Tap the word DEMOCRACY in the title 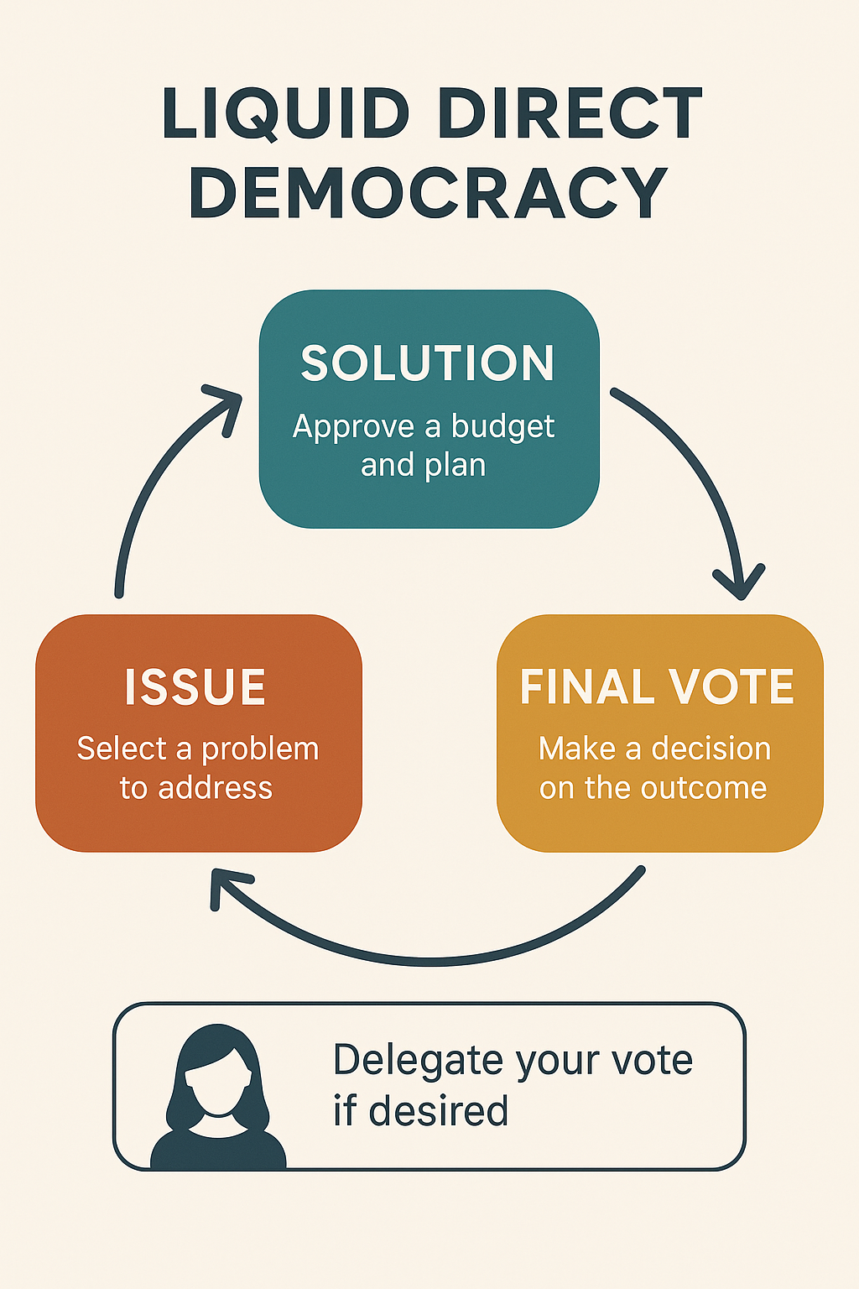coord(429,193)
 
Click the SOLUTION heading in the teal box coord(428,363)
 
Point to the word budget coord(502,427)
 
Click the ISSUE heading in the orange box coord(195,687)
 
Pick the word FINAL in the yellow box coord(587,687)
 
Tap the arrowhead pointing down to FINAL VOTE coord(739,584)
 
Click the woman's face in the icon coord(218,1083)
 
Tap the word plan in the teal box coord(459,466)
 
